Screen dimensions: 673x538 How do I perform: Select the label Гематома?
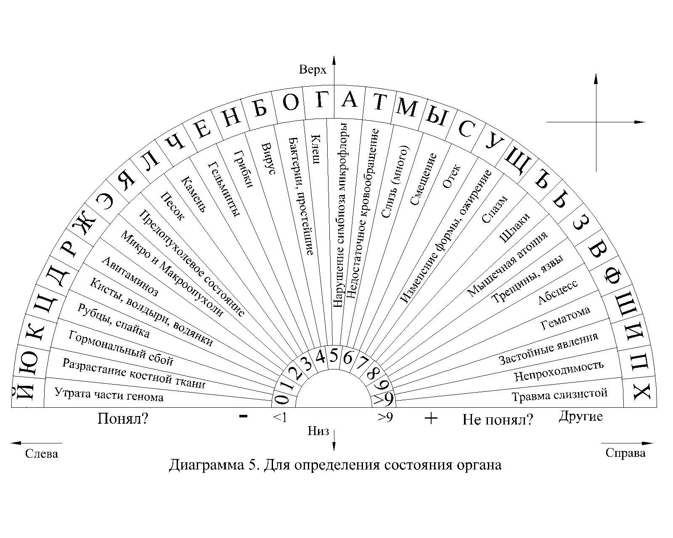click(x=565, y=318)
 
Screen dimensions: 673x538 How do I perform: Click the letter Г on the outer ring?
click(x=321, y=100)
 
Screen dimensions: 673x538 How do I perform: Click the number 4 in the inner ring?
click(x=321, y=357)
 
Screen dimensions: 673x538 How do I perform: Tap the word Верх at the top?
click(x=313, y=69)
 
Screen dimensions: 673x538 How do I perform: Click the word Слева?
click(x=42, y=454)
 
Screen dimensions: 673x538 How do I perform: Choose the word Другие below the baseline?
click(x=580, y=416)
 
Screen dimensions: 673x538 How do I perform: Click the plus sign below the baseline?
click(x=431, y=418)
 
